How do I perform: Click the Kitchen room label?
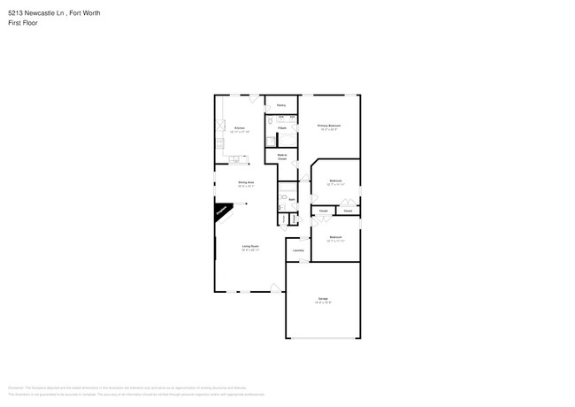coord(239,129)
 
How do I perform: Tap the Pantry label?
coord(280,105)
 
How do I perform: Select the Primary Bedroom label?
coord(329,127)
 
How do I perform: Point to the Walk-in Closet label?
coord(281,157)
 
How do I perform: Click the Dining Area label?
coord(246,183)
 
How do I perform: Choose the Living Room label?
coord(250,247)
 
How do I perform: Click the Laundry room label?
coord(298,250)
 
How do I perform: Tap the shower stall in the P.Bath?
coord(272,139)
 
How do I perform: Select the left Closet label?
coord(324,211)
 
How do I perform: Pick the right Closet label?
coord(348,211)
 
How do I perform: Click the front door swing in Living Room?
coord(276,288)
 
